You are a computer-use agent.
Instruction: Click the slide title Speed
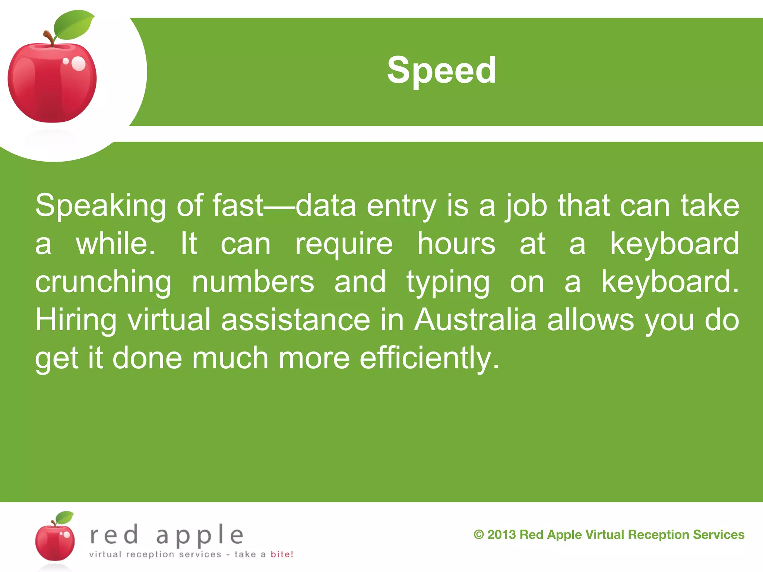pos(441,70)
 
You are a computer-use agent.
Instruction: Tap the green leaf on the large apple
pos(74,25)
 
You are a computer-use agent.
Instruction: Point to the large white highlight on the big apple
pos(78,63)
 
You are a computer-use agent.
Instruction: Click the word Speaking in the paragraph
pos(101,206)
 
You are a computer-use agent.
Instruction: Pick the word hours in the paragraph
pos(456,244)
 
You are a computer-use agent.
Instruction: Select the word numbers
pos(253,282)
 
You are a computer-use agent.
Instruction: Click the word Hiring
pos(76,321)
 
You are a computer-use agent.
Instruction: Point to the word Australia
pos(475,320)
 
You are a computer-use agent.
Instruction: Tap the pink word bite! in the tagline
pos(282,554)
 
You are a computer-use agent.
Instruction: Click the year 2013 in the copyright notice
pos(501,535)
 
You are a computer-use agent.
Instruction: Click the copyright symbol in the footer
pos(479,535)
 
